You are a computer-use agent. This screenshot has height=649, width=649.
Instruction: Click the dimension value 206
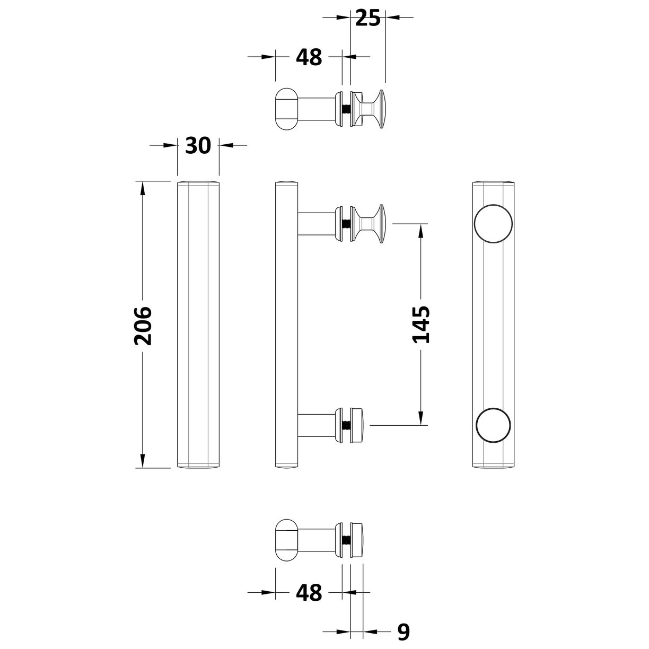coord(143,326)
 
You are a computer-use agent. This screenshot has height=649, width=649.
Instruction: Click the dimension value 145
coord(422,324)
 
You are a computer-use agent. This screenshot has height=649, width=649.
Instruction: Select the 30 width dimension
coord(198,145)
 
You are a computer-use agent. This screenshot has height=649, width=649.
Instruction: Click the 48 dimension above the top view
coord(309,57)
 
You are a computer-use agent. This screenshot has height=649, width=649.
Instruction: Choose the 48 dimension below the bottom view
coord(309,592)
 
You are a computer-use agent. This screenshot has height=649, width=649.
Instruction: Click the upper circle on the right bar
coord(493,223)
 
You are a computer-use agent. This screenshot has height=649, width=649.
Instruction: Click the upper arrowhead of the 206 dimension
coord(143,188)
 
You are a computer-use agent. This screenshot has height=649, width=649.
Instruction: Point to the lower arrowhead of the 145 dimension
coord(422,418)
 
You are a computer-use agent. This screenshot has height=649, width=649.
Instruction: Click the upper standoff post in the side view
coord(316,223)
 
